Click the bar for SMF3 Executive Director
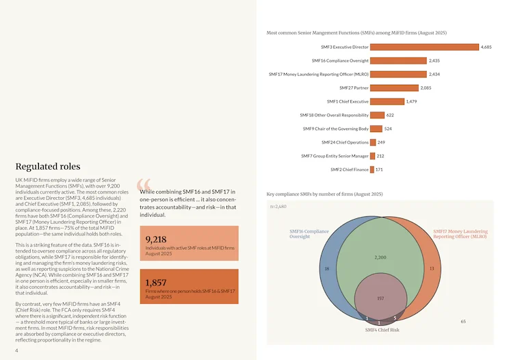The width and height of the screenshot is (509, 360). (424, 47)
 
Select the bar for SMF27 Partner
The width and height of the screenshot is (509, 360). (394, 88)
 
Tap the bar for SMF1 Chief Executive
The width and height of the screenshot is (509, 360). (387, 101)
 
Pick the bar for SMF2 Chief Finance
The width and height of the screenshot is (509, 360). (372, 170)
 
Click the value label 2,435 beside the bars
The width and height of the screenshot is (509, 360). (434, 61)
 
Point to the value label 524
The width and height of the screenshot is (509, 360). (388, 129)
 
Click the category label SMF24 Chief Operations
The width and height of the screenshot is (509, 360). (345, 142)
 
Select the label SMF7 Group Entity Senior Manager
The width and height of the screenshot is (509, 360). (335, 156)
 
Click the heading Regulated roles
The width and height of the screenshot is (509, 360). (48, 166)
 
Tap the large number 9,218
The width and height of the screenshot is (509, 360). (156, 240)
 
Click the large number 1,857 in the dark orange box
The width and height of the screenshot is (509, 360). (156, 283)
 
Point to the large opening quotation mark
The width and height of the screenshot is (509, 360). (144, 184)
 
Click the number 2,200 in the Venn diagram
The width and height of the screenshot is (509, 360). (380, 257)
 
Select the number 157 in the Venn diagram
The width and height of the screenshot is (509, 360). (380, 298)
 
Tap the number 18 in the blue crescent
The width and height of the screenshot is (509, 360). (327, 268)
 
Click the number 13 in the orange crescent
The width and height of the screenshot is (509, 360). (432, 268)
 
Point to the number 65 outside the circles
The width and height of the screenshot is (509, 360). (463, 322)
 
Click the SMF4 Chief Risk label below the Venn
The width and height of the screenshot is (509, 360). (382, 330)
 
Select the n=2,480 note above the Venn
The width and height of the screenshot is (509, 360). (278, 207)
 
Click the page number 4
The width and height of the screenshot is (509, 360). (16, 350)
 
